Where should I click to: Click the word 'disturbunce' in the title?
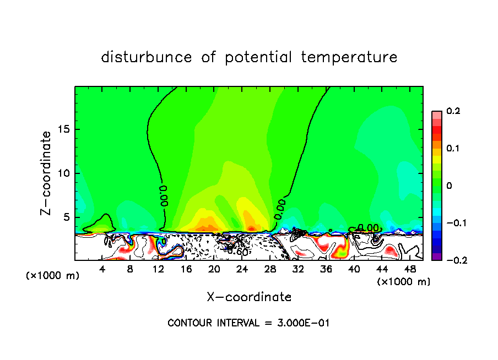(147, 57)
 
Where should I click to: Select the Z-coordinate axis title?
(46, 173)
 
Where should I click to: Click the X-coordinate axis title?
(249, 297)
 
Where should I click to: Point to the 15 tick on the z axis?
(64, 129)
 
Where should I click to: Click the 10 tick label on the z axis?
(64, 173)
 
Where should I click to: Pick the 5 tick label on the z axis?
(67, 217)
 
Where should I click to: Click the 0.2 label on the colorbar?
(453, 111)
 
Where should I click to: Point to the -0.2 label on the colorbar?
(453, 260)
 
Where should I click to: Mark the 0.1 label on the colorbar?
(453, 149)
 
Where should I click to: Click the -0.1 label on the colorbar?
(453, 223)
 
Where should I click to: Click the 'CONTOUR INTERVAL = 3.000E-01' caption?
(248, 323)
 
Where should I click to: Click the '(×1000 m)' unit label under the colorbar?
(403, 282)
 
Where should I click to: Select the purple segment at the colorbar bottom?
(436, 257)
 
